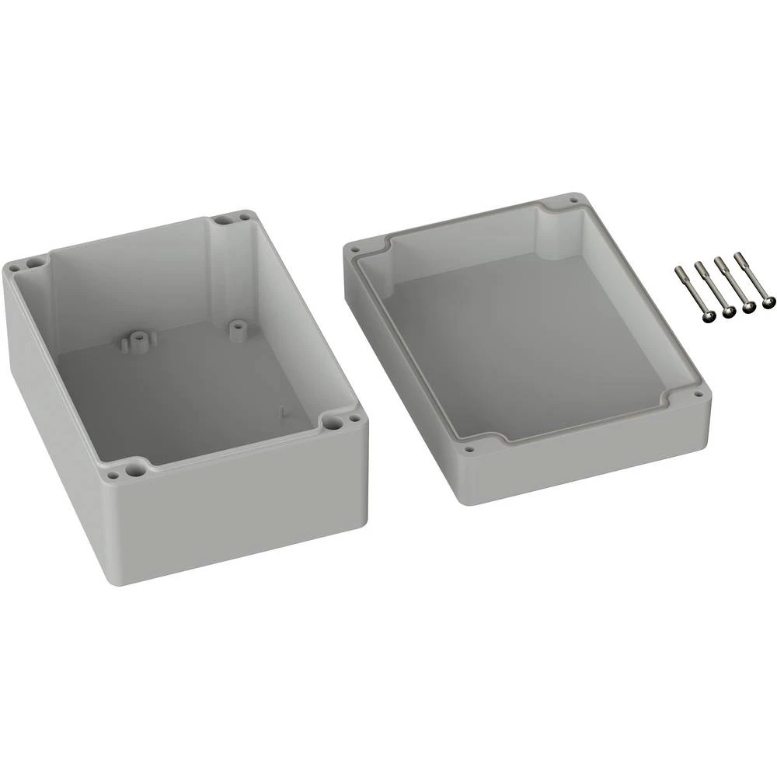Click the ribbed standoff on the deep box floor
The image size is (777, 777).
(x=138, y=339)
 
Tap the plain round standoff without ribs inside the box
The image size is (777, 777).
(x=237, y=328)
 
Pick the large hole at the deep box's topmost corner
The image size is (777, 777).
(x=221, y=221)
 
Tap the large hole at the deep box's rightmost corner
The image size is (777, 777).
(x=334, y=423)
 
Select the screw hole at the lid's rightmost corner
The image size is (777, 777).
(x=699, y=394)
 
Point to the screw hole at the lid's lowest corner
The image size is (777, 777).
(x=469, y=448)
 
